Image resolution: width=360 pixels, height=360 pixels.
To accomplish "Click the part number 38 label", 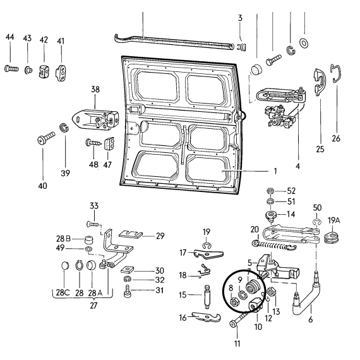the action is click(95, 89).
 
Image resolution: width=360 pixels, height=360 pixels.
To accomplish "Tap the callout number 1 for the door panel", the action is click(275, 171).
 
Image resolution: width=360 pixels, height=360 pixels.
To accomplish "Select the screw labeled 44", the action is click(11, 68).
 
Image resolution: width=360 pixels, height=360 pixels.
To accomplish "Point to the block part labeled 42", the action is click(44, 71).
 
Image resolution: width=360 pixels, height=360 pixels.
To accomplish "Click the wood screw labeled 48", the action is click(93, 143).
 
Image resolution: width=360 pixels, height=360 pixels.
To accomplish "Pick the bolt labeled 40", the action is click(46, 137).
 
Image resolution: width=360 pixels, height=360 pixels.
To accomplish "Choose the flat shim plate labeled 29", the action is click(131, 235).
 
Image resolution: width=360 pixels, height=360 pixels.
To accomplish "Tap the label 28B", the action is click(63, 239).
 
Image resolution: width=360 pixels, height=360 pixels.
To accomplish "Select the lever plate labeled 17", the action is click(208, 253).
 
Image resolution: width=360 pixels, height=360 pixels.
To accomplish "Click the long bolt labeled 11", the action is click(240, 319).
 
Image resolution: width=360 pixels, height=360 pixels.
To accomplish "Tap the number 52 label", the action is click(291, 191).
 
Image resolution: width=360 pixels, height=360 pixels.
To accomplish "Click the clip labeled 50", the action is click(316, 222).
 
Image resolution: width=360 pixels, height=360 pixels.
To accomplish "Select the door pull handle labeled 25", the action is click(319, 81).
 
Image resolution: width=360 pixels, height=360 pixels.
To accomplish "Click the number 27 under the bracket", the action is click(93, 306).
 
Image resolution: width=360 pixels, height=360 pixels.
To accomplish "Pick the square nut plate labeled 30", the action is click(127, 270).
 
